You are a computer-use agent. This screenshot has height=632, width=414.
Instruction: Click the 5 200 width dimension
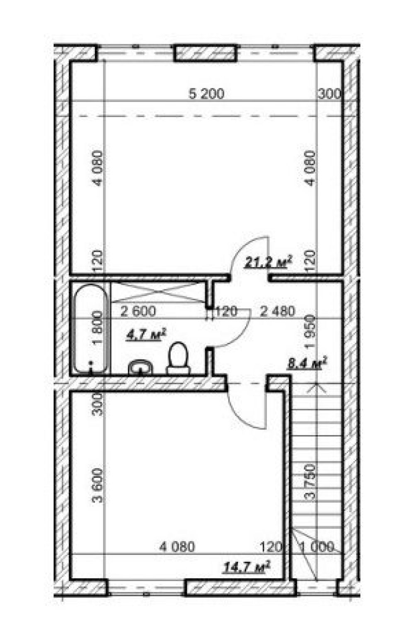206,94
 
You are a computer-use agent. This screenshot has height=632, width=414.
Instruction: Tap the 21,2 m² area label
268,262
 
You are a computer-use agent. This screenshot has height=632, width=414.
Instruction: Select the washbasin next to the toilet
140,367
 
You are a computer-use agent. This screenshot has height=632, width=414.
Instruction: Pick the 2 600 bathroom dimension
138,311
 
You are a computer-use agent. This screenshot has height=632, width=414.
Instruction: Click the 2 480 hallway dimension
277,311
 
